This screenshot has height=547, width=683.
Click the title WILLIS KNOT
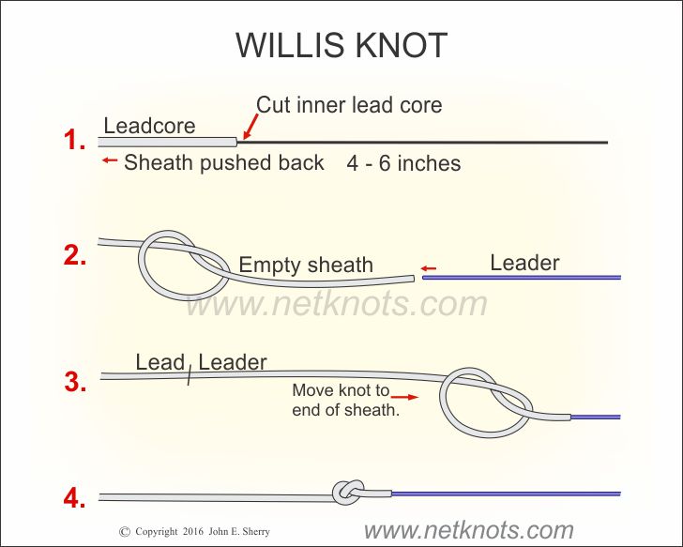point(341,44)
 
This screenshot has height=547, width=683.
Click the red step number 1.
point(74,141)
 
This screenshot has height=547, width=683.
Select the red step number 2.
point(75,256)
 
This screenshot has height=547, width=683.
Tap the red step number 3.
point(75,381)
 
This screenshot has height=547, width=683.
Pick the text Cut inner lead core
point(349,105)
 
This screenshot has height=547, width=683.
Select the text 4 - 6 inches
point(403,163)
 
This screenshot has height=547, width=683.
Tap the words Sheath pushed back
point(224,162)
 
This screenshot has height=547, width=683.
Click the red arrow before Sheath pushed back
point(109,161)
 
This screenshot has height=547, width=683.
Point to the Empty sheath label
point(306,266)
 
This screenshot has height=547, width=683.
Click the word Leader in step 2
point(524,264)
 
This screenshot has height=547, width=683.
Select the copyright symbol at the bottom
point(125,532)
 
